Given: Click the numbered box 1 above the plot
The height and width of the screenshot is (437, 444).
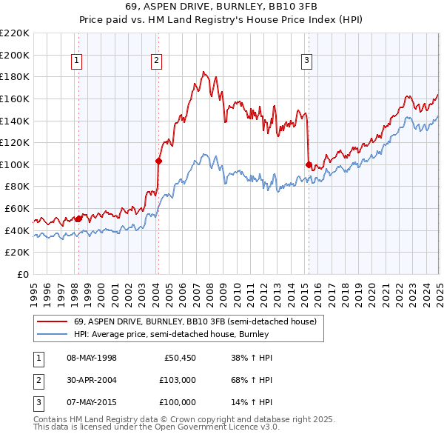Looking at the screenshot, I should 78,61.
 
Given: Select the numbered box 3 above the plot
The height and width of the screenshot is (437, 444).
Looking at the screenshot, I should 306,61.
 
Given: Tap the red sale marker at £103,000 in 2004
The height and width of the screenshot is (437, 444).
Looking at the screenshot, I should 158,160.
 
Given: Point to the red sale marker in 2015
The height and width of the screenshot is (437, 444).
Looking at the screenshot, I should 308,164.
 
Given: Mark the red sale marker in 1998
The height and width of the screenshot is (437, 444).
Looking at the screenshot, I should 78,218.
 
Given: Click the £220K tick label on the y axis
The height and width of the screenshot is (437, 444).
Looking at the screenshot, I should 15,33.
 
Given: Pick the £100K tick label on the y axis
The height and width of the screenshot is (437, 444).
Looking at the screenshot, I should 15,164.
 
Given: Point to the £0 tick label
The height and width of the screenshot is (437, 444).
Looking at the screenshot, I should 22,274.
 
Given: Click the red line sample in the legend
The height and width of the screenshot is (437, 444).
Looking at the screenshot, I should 52,321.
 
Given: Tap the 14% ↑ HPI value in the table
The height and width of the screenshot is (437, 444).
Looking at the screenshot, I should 252,402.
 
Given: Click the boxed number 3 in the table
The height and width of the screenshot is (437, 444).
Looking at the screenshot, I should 37,402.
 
